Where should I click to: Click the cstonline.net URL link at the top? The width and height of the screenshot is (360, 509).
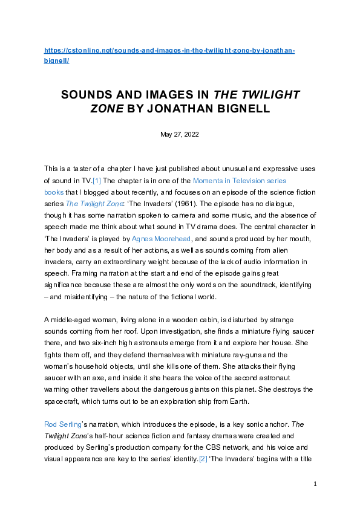(169, 51)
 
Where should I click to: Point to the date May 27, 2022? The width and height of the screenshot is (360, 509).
(180, 134)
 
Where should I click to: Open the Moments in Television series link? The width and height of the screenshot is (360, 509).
(239, 180)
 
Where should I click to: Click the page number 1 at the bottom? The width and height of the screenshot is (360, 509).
(315, 484)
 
